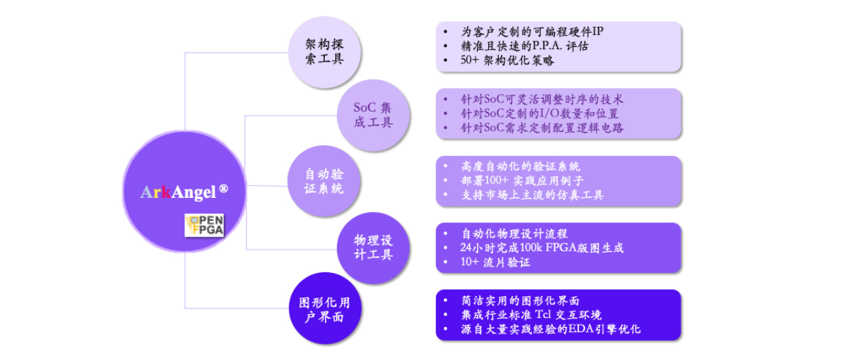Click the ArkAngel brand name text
178,192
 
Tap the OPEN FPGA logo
204,225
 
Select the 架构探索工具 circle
324,52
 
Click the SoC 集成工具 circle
373,115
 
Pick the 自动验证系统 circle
324,181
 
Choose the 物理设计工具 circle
373,248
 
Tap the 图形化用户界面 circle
325,309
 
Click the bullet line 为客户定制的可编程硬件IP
532,32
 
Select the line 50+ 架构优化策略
507,60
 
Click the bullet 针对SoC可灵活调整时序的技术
542,99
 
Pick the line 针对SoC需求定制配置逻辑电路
542,128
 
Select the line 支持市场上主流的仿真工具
533,195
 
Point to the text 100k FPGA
549,248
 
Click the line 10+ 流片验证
495,262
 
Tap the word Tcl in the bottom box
543,314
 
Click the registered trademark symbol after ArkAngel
223,188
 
